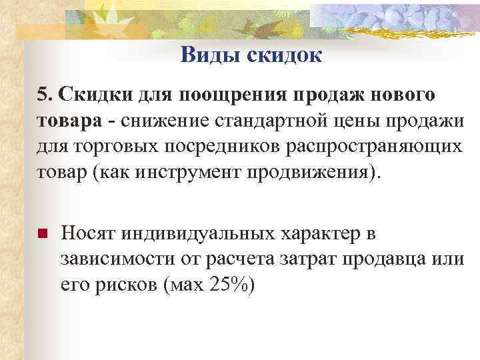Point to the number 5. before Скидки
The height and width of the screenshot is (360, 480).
44,95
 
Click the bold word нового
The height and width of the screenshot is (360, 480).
401,95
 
